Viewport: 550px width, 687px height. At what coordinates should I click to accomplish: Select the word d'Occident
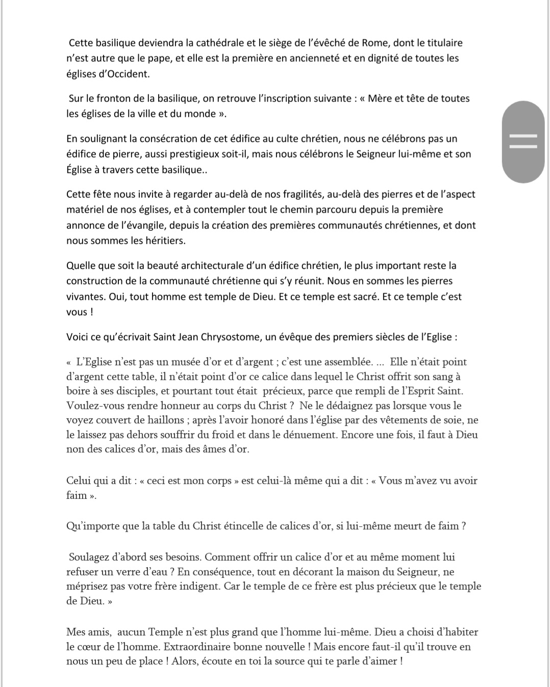122,73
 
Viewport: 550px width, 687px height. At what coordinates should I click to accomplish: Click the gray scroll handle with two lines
523,142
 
